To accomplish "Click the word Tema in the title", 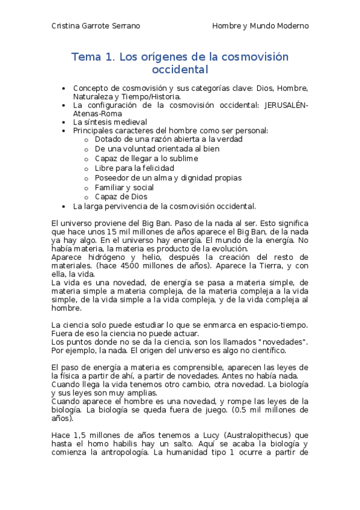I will pyautogui.click(x=86, y=58).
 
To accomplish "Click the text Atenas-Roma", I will pyautogui.click(x=97, y=113).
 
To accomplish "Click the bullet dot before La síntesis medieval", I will pyautogui.click(x=64, y=121).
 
